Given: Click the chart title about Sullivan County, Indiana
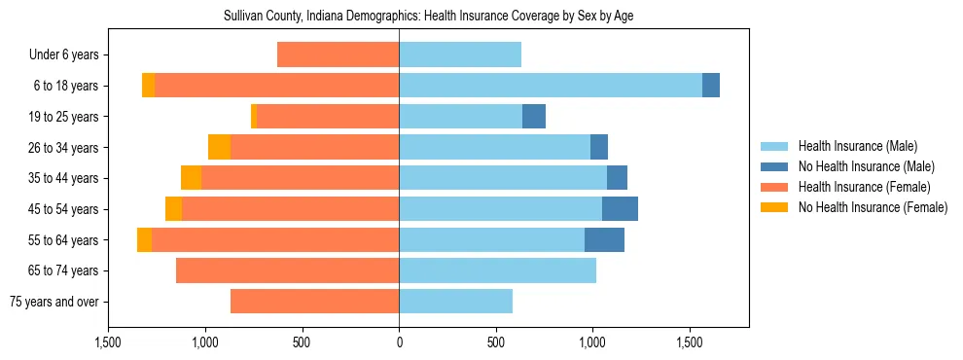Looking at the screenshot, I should [x=429, y=17].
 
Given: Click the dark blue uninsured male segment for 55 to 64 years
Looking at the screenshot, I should [x=604, y=240].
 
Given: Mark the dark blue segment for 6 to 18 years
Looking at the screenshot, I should [x=711, y=86].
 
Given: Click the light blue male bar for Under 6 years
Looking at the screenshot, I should [x=460, y=55].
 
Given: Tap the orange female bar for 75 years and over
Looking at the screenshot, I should [x=314, y=302].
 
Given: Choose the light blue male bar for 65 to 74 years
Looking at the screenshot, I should [x=497, y=270].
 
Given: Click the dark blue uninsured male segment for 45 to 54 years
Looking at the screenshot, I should [x=620, y=209].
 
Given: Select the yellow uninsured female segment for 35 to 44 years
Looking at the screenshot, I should [x=191, y=178].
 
